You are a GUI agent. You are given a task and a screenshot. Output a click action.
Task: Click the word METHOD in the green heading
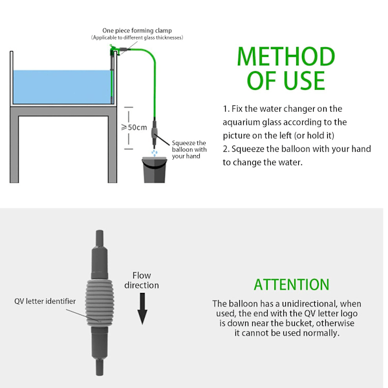pos(286,57)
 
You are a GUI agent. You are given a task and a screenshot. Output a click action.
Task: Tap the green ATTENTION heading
pos(292,285)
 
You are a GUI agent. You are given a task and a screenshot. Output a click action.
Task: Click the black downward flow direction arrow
pos(142,308)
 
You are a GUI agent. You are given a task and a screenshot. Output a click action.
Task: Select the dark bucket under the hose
pos(155,170)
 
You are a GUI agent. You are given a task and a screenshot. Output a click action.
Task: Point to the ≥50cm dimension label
pos(134,127)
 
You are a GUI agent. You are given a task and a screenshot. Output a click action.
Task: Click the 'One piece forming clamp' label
pos(137,30)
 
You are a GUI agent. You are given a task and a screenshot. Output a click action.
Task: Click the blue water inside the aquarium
pos(62,87)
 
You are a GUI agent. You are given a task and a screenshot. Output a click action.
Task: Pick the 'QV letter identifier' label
pos(45,301)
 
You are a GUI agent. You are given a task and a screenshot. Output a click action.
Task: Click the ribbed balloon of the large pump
pos(100,303)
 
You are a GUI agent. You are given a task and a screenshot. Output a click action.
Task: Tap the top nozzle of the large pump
pos(100,238)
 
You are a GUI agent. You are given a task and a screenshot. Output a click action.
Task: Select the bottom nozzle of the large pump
pos(100,367)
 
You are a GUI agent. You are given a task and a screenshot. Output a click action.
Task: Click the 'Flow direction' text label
pos(142,281)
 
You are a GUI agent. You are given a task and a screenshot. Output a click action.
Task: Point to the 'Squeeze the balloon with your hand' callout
pos(189,149)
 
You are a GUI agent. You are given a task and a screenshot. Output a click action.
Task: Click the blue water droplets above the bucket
pos(155,153)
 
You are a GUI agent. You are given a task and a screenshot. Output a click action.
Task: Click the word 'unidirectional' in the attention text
pos(309,304)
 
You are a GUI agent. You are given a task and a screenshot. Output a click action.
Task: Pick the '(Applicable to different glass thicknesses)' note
pos(137,38)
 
